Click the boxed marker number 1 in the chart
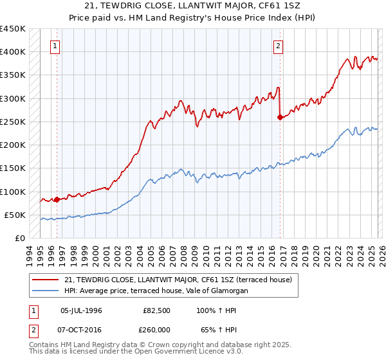point(55,46)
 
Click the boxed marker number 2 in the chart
point(279,46)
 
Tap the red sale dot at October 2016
point(280,117)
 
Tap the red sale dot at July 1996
point(57,199)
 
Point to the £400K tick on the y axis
point(13,52)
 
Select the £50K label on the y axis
point(15,215)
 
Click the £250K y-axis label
point(13,122)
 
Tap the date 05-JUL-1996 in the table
point(80,310)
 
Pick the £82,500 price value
point(157,310)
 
